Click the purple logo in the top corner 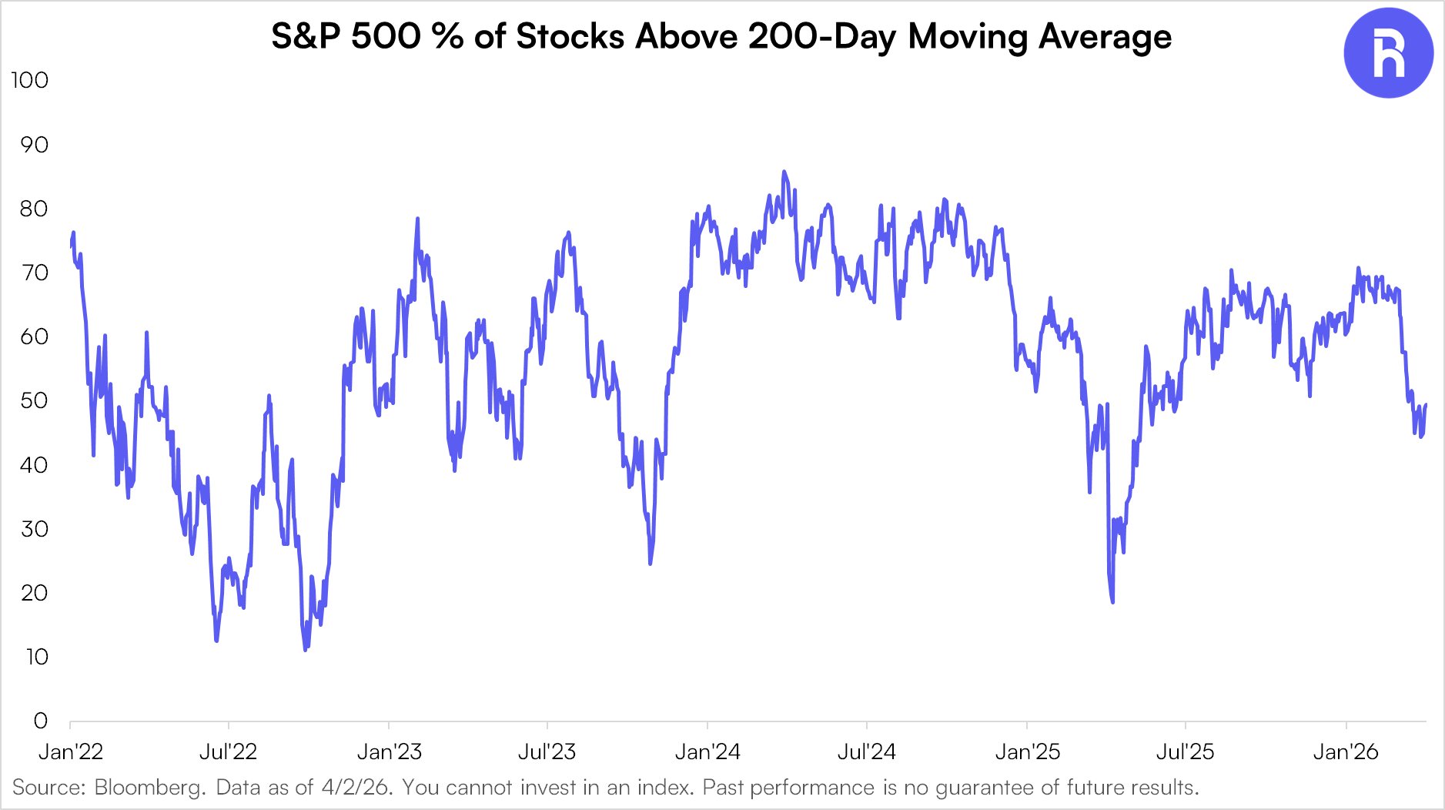click(1388, 53)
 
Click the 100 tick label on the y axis click(29, 80)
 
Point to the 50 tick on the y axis click(34, 400)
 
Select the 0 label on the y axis click(41, 721)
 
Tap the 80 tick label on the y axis click(34, 209)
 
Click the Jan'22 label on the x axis click(70, 751)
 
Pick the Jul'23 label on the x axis click(547, 751)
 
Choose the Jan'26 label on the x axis click(1345, 751)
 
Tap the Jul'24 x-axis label click(866, 751)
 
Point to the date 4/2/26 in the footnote click(357, 788)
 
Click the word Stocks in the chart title click(570, 37)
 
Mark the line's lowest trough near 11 click(306, 650)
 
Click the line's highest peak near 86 click(784, 172)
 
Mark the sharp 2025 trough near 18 click(1112, 602)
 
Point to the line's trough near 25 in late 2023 click(651, 564)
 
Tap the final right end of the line click(1426, 405)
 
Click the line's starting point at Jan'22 click(71, 246)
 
